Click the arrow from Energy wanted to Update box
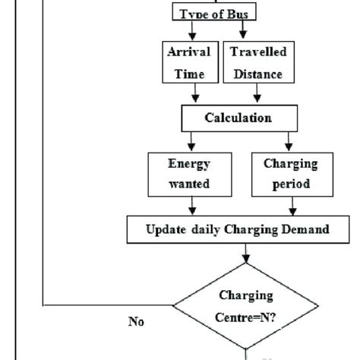[x=191, y=205]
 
